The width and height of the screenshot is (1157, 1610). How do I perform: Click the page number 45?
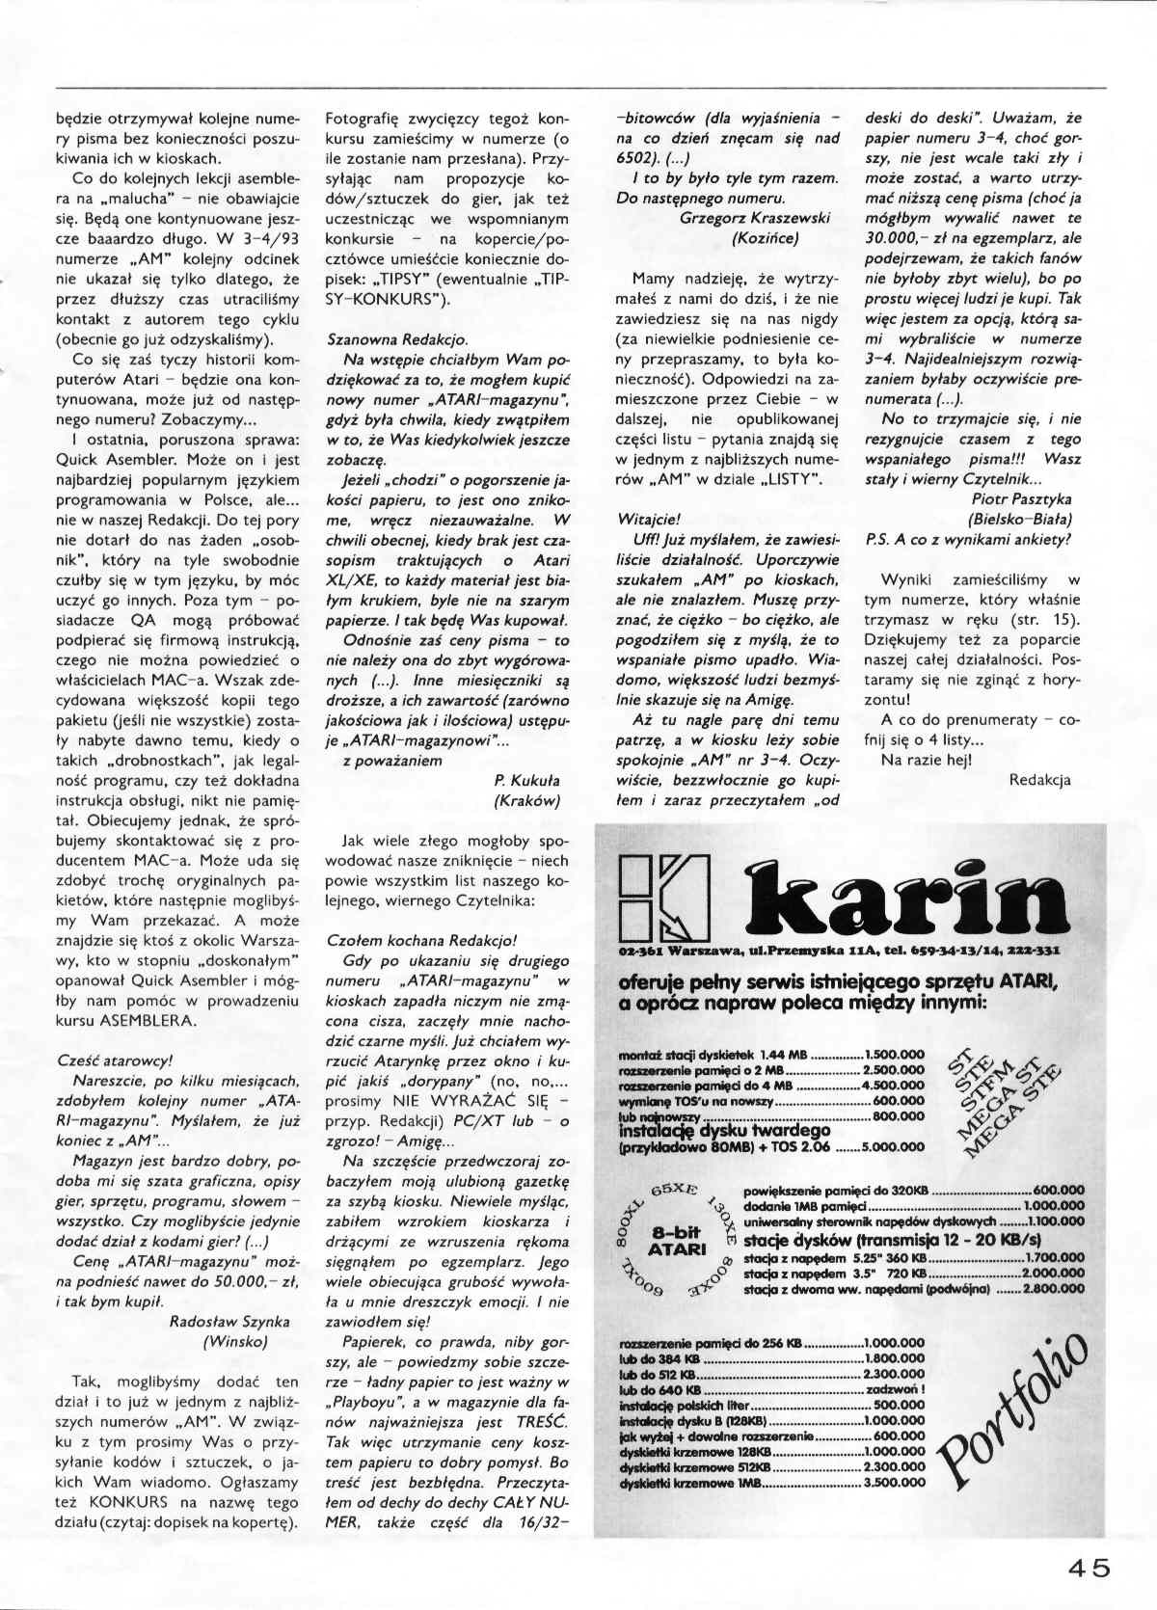1089,1568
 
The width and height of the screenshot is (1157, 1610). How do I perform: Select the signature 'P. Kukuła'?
525,781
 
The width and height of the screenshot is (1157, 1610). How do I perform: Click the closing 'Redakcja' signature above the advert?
1038,780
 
